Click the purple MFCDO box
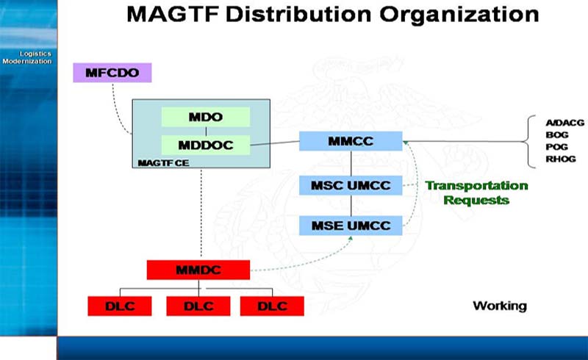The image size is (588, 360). pyautogui.click(x=112, y=73)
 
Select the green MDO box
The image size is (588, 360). pyautogui.click(x=206, y=117)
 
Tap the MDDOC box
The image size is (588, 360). pyautogui.click(x=206, y=145)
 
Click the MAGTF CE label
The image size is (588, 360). pyautogui.click(x=163, y=163)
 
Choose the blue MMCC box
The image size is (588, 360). pyautogui.click(x=351, y=141)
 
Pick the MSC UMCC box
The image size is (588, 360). pyautogui.click(x=351, y=185)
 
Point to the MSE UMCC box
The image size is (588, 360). pyautogui.click(x=351, y=226)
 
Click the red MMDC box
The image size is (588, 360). pyautogui.click(x=198, y=270)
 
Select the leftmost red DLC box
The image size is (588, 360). pyautogui.click(x=120, y=306)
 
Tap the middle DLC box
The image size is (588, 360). pyautogui.click(x=198, y=306)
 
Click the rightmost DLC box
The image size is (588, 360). pyautogui.click(x=272, y=306)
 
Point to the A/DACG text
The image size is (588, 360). pyautogui.click(x=564, y=123)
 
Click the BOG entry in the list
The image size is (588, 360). pyautogui.click(x=557, y=134)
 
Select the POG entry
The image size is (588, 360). pyautogui.click(x=556, y=147)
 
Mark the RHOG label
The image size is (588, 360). pyautogui.click(x=561, y=159)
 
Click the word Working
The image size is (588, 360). pyautogui.click(x=500, y=306)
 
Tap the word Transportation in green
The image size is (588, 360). pyautogui.click(x=476, y=186)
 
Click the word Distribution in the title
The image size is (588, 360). pyautogui.click(x=298, y=14)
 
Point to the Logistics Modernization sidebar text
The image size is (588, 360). pyautogui.click(x=27, y=57)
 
